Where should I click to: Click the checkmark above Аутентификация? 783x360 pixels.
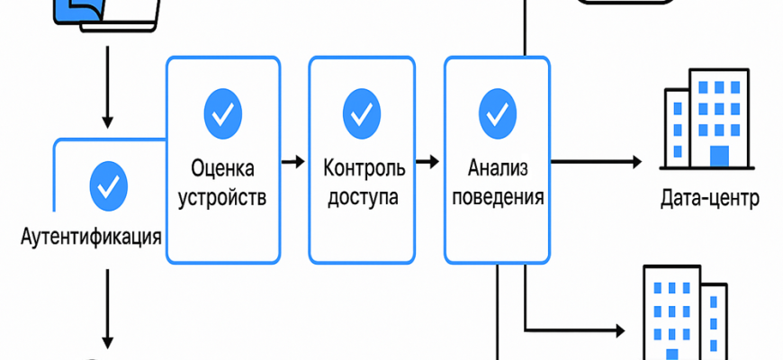(109, 185)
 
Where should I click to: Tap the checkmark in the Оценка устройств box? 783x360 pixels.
(222, 112)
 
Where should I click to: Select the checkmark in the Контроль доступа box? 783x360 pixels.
(362, 112)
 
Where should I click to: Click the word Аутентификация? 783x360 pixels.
(93, 238)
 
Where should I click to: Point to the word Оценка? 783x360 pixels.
(222, 168)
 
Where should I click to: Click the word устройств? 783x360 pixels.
(222, 197)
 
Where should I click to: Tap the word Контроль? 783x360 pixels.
(363, 168)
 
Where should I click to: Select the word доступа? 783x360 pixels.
(363, 197)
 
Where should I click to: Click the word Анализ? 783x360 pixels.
(497, 168)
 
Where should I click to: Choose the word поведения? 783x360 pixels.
(497, 197)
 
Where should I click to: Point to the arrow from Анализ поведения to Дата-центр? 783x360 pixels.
(596, 163)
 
